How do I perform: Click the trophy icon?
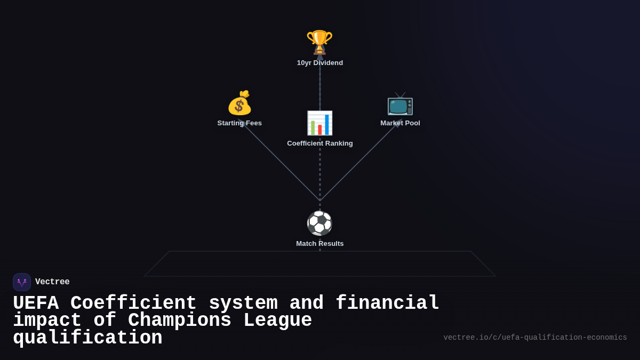tap(319, 42)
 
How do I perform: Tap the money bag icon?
tap(239, 103)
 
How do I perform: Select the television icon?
tap(400, 103)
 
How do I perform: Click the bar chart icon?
tap(319, 123)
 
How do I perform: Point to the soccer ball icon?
tap(319, 223)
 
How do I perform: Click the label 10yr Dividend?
tap(320, 63)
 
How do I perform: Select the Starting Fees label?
tap(239, 123)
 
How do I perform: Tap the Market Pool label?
tap(400, 123)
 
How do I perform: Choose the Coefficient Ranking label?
tap(320, 143)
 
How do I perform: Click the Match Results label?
tap(320, 244)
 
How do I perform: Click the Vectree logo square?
tap(22, 282)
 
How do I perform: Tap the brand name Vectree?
tap(52, 282)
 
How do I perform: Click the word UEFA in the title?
tap(36, 303)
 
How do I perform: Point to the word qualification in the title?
tap(87, 338)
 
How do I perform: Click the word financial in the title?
tap(387, 303)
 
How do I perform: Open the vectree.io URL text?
tap(535, 338)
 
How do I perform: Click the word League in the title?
tap(277, 321)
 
